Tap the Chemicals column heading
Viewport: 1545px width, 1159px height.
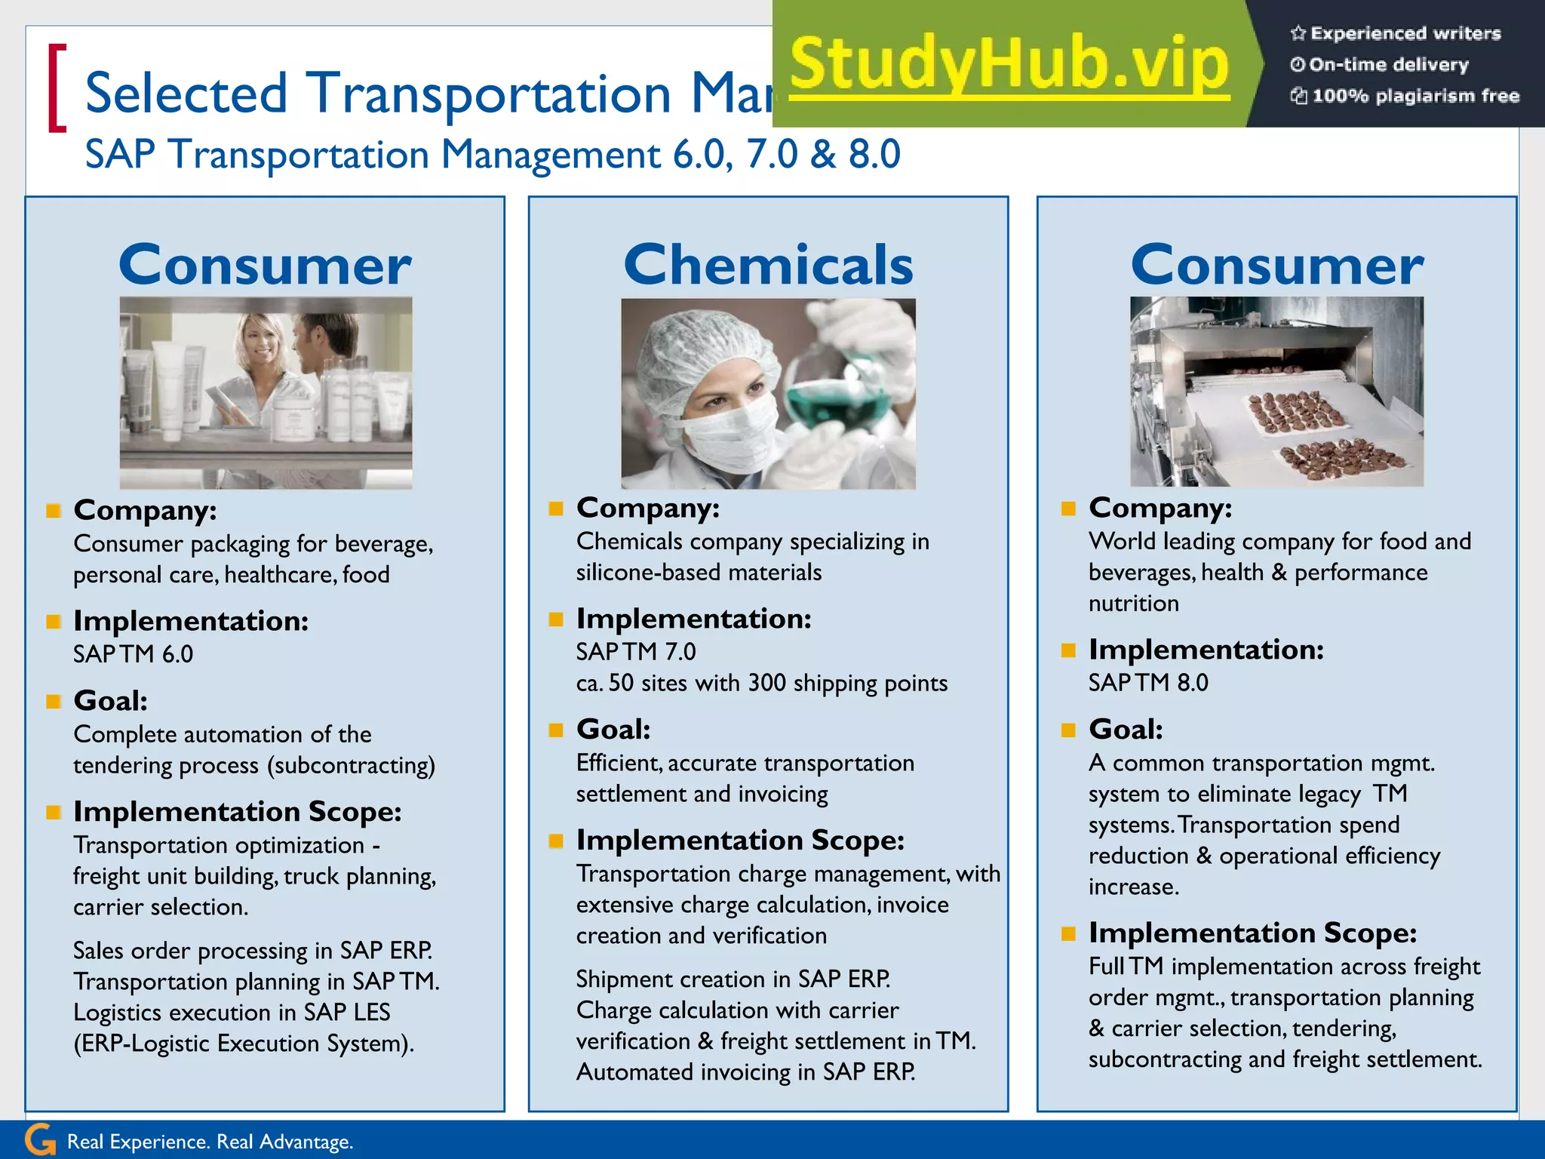(x=768, y=265)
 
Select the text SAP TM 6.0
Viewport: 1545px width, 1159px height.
(x=133, y=653)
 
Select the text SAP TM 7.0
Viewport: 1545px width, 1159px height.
(x=636, y=651)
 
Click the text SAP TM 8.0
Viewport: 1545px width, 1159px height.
(x=1147, y=682)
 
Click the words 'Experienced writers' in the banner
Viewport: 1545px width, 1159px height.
(x=1405, y=33)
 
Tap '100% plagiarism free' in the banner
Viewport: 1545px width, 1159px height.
(x=1414, y=96)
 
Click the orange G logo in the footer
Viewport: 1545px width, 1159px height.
(x=40, y=1139)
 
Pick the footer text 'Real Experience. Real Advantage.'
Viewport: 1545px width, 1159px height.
(x=210, y=1142)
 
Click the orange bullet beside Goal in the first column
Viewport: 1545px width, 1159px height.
(x=53, y=702)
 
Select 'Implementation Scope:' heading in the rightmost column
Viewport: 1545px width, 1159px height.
(x=1252, y=933)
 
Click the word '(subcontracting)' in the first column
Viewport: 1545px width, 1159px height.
(x=351, y=765)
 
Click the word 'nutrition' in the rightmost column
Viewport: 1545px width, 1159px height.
(x=1133, y=603)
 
